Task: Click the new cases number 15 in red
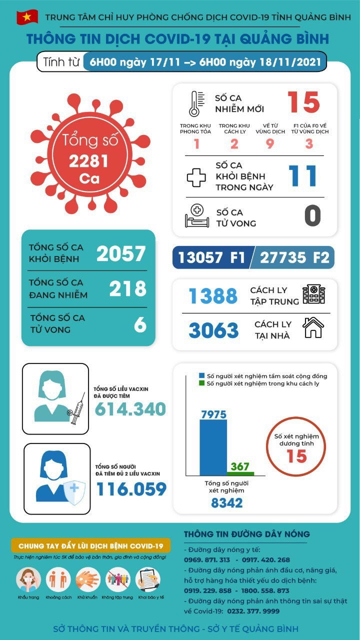pyautogui.click(x=303, y=102)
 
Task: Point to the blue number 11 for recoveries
pyautogui.click(x=303, y=176)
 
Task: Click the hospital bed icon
pyautogui.click(x=196, y=216)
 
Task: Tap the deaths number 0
pyautogui.click(x=312, y=215)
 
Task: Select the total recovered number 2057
pyautogui.click(x=121, y=254)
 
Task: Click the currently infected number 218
pyautogui.click(x=128, y=288)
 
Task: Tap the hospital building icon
pyautogui.click(x=313, y=294)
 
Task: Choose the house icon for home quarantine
pyautogui.click(x=313, y=328)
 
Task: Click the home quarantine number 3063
pyautogui.click(x=214, y=330)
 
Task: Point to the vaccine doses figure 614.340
pyautogui.click(x=130, y=409)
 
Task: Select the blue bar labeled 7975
pyautogui.click(x=213, y=447)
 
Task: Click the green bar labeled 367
pyautogui.click(x=240, y=473)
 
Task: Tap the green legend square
pyautogui.click(x=201, y=383)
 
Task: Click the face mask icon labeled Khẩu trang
pyautogui.click(x=28, y=580)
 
